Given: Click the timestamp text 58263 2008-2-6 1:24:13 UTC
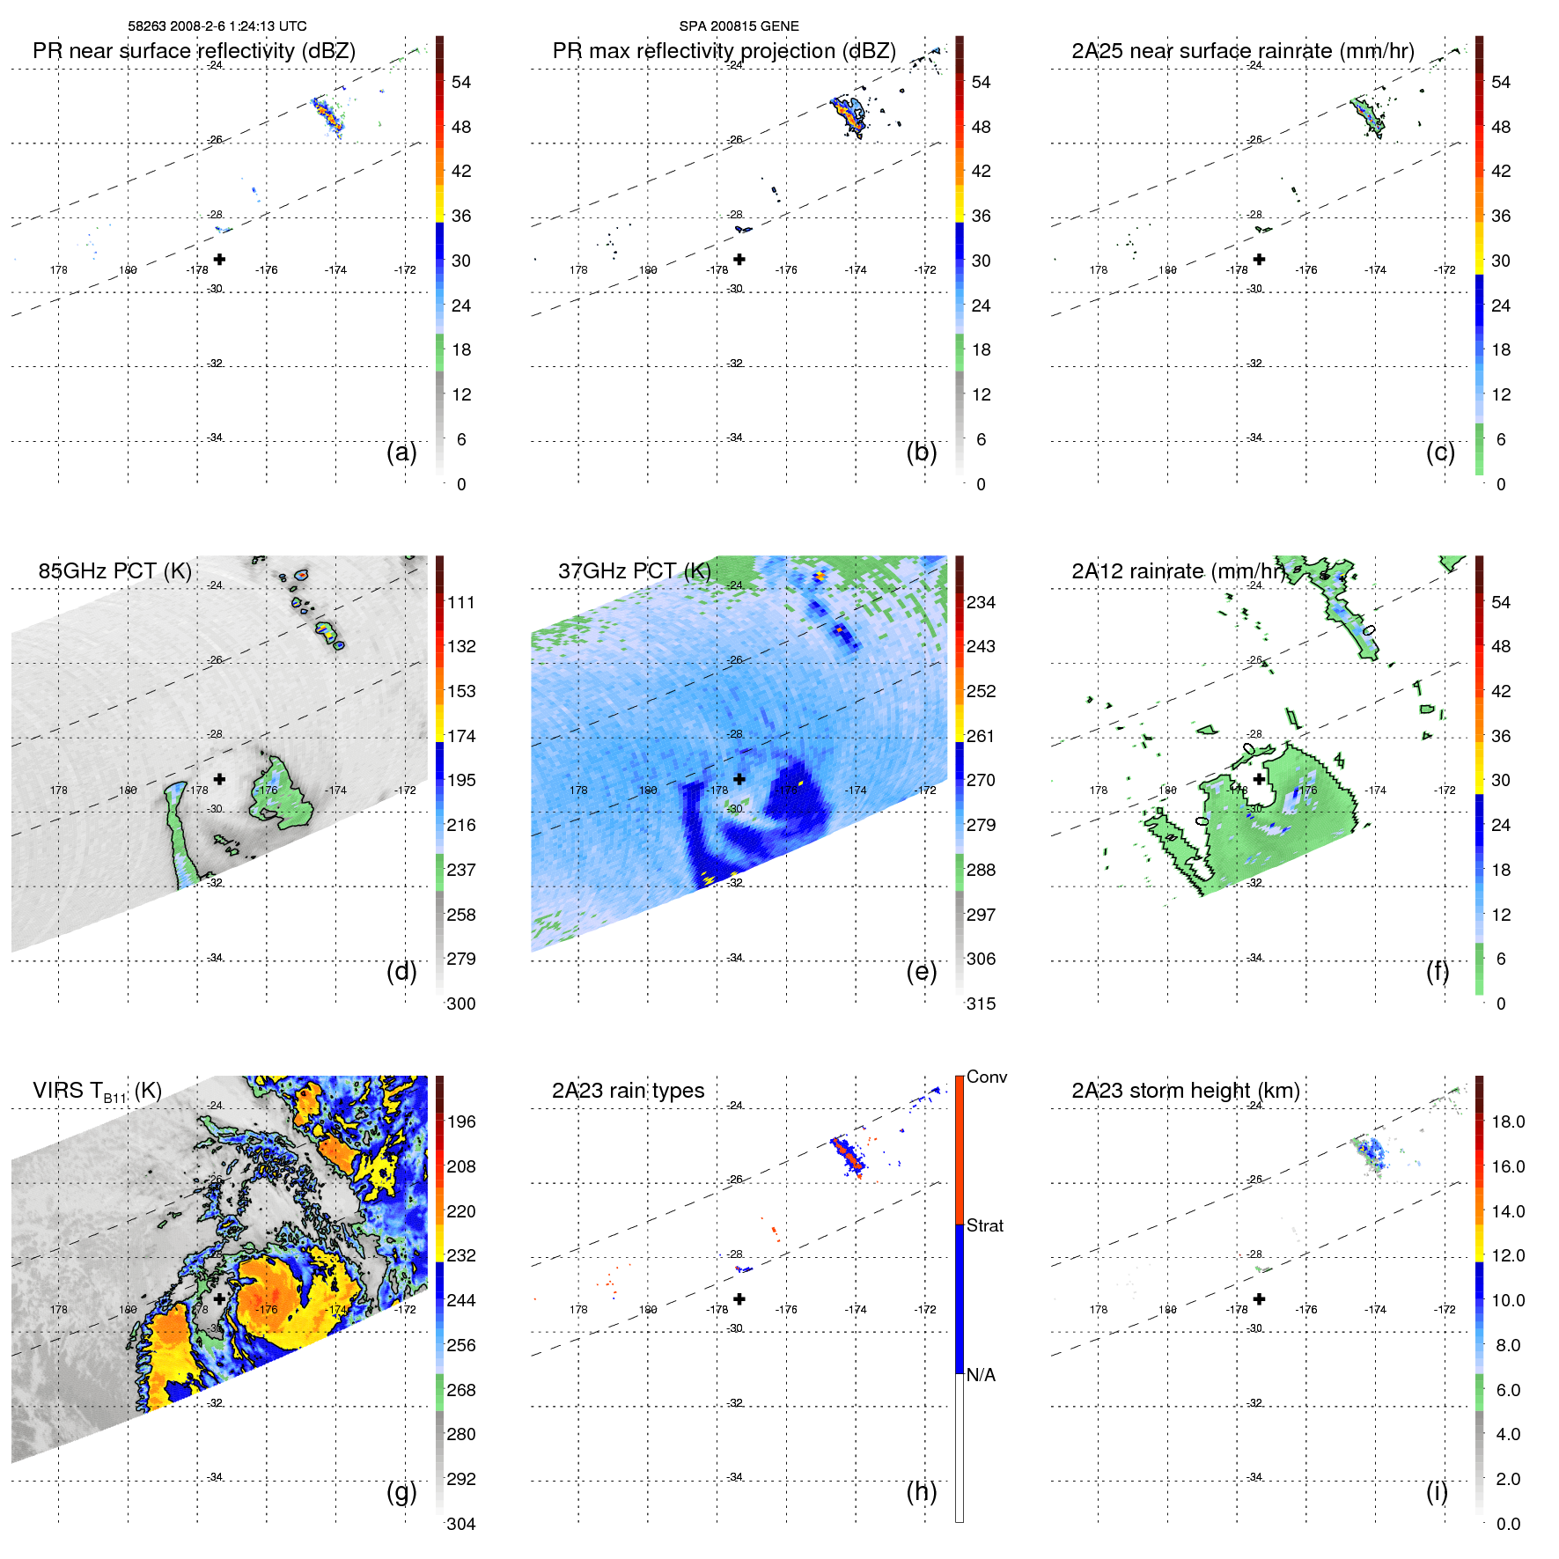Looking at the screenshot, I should point(217,26).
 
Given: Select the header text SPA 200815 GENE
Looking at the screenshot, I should point(739,26).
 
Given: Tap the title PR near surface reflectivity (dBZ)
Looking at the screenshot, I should point(194,51).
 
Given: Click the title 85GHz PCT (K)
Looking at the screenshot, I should point(114,571).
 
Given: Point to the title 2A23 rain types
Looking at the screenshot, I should point(628,1091).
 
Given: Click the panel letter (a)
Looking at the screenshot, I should point(401,452).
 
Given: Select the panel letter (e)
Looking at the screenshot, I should point(921,971).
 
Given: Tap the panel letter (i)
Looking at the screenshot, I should point(1437,1491).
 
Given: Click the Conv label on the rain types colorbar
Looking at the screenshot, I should point(987,1077).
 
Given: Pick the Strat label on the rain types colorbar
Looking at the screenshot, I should point(985,1225).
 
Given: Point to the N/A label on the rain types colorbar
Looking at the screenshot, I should point(981,1375).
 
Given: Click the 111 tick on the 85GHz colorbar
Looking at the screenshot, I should point(461,602).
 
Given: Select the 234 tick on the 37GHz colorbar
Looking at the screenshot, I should point(981,602).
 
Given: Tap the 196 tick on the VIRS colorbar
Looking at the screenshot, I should point(461,1121).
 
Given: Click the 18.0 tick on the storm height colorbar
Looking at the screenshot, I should point(1507,1121).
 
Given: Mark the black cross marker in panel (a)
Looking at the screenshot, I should point(219,259).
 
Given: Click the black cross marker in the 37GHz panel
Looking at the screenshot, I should point(739,779).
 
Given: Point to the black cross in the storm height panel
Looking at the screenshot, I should point(1259,1298).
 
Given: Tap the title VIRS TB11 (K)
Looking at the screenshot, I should point(97,1092).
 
